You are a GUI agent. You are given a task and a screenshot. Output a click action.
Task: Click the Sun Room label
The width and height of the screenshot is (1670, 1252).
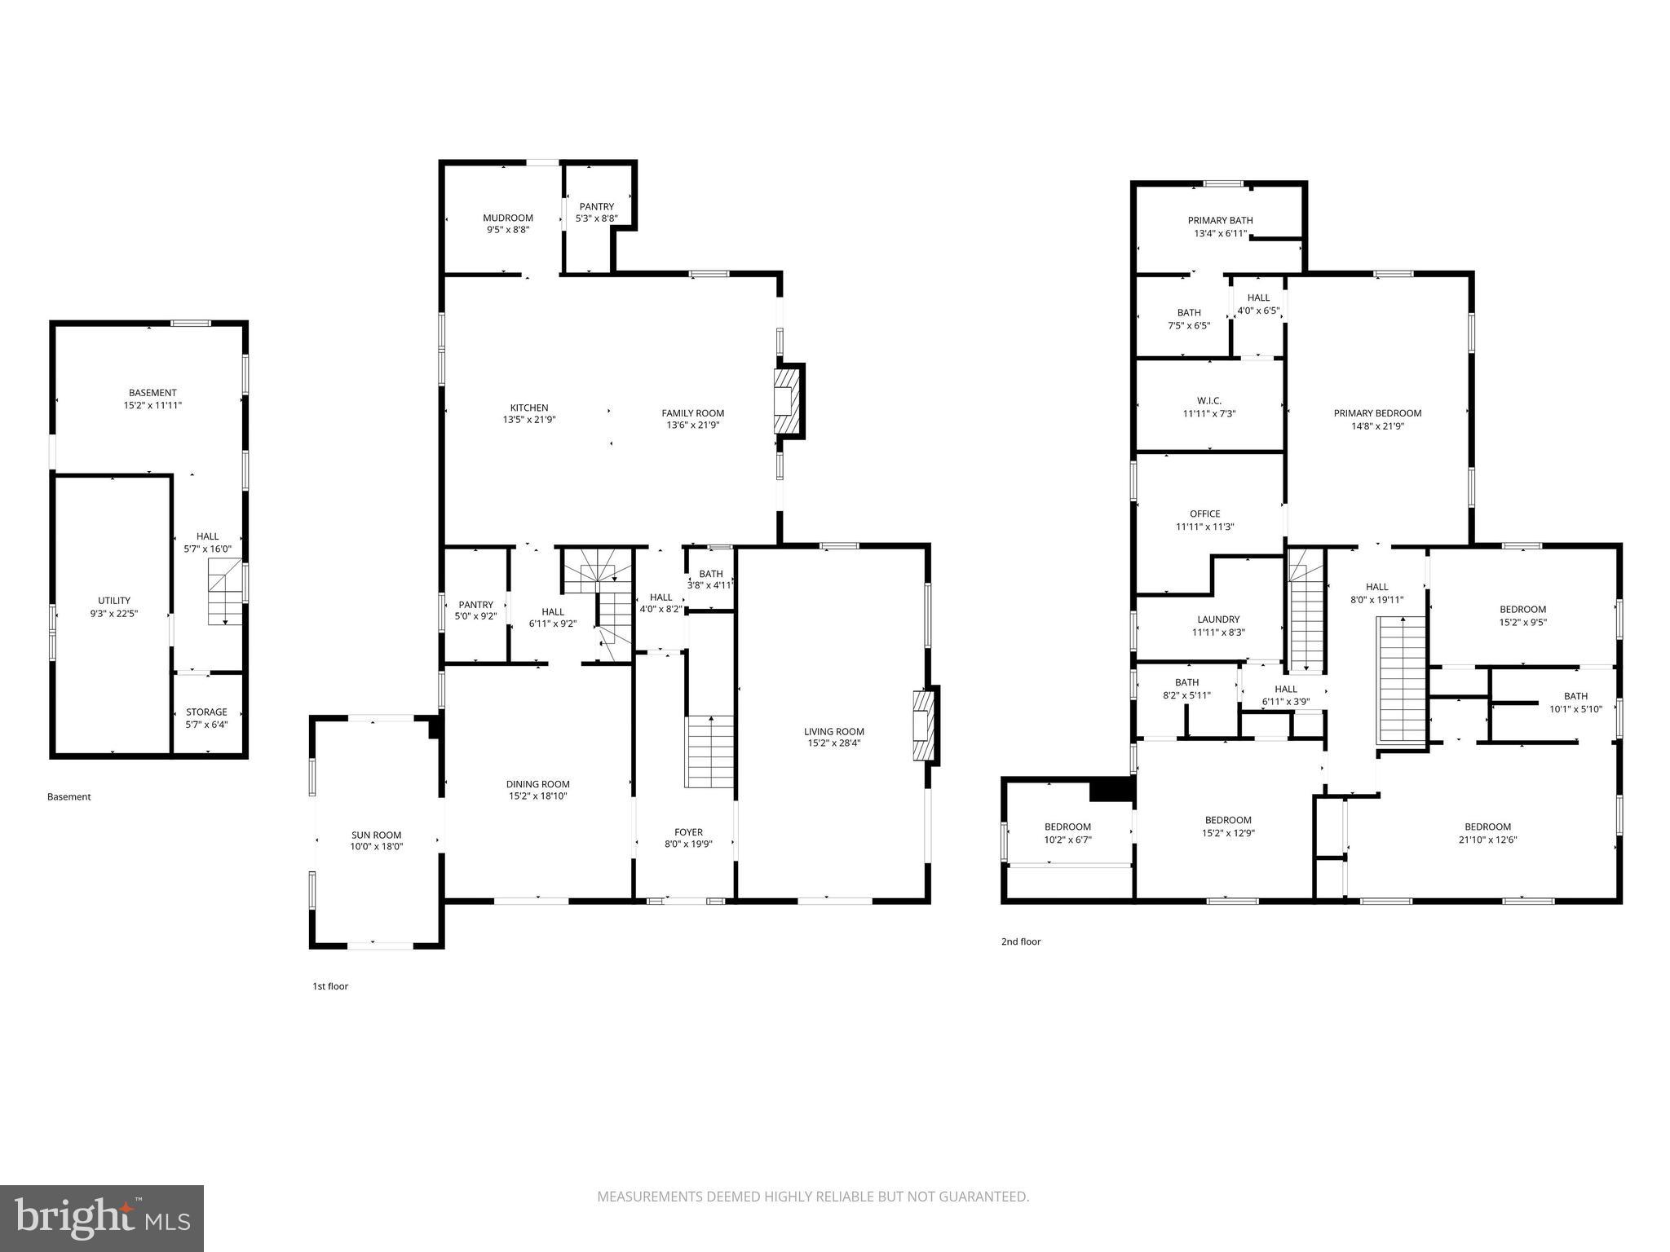pos(376,835)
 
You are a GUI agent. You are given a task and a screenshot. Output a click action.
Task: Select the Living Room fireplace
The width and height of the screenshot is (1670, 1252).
pos(924,725)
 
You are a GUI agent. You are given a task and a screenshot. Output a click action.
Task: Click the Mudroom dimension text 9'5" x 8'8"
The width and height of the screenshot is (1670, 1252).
pos(507,230)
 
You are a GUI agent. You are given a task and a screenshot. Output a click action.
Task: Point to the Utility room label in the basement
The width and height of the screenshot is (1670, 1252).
pos(114,601)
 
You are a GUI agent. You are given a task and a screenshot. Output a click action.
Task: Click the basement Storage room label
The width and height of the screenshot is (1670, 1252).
pos(206,712)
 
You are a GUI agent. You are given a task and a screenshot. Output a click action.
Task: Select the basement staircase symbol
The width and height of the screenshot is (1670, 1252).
pos(225,593)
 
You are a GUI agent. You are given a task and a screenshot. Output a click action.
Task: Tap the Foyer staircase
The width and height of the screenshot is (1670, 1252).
pos(709,752)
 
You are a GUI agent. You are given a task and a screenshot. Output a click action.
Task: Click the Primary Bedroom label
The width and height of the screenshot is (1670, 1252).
pos(1376,413)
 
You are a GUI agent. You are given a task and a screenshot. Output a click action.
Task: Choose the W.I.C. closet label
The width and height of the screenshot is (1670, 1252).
pos(1208,400)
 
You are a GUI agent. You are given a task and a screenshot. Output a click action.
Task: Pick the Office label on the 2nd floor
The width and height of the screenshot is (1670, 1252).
pos(1204,514)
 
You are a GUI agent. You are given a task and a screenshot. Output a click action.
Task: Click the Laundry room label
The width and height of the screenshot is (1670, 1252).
pos(1218,619)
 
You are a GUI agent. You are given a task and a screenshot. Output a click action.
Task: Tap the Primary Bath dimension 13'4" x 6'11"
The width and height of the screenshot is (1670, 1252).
pos(1220,233)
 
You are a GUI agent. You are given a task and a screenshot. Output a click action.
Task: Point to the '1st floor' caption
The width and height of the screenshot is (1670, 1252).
pos(330,986)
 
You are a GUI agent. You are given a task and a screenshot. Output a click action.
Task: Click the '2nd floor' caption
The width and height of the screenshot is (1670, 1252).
pos(1021,941)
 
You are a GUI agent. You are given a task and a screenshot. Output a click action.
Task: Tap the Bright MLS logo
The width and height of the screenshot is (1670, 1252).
pos(102,1219)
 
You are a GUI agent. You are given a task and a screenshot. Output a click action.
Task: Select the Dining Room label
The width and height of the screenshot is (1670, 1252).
pos(537,784)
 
